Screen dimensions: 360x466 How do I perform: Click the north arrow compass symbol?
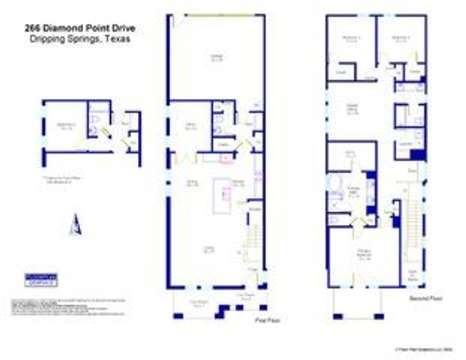[x=73, y=224]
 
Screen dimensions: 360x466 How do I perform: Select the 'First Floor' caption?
[x=259, y=319]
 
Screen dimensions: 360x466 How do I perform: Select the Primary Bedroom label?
[x=365, y=253]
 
